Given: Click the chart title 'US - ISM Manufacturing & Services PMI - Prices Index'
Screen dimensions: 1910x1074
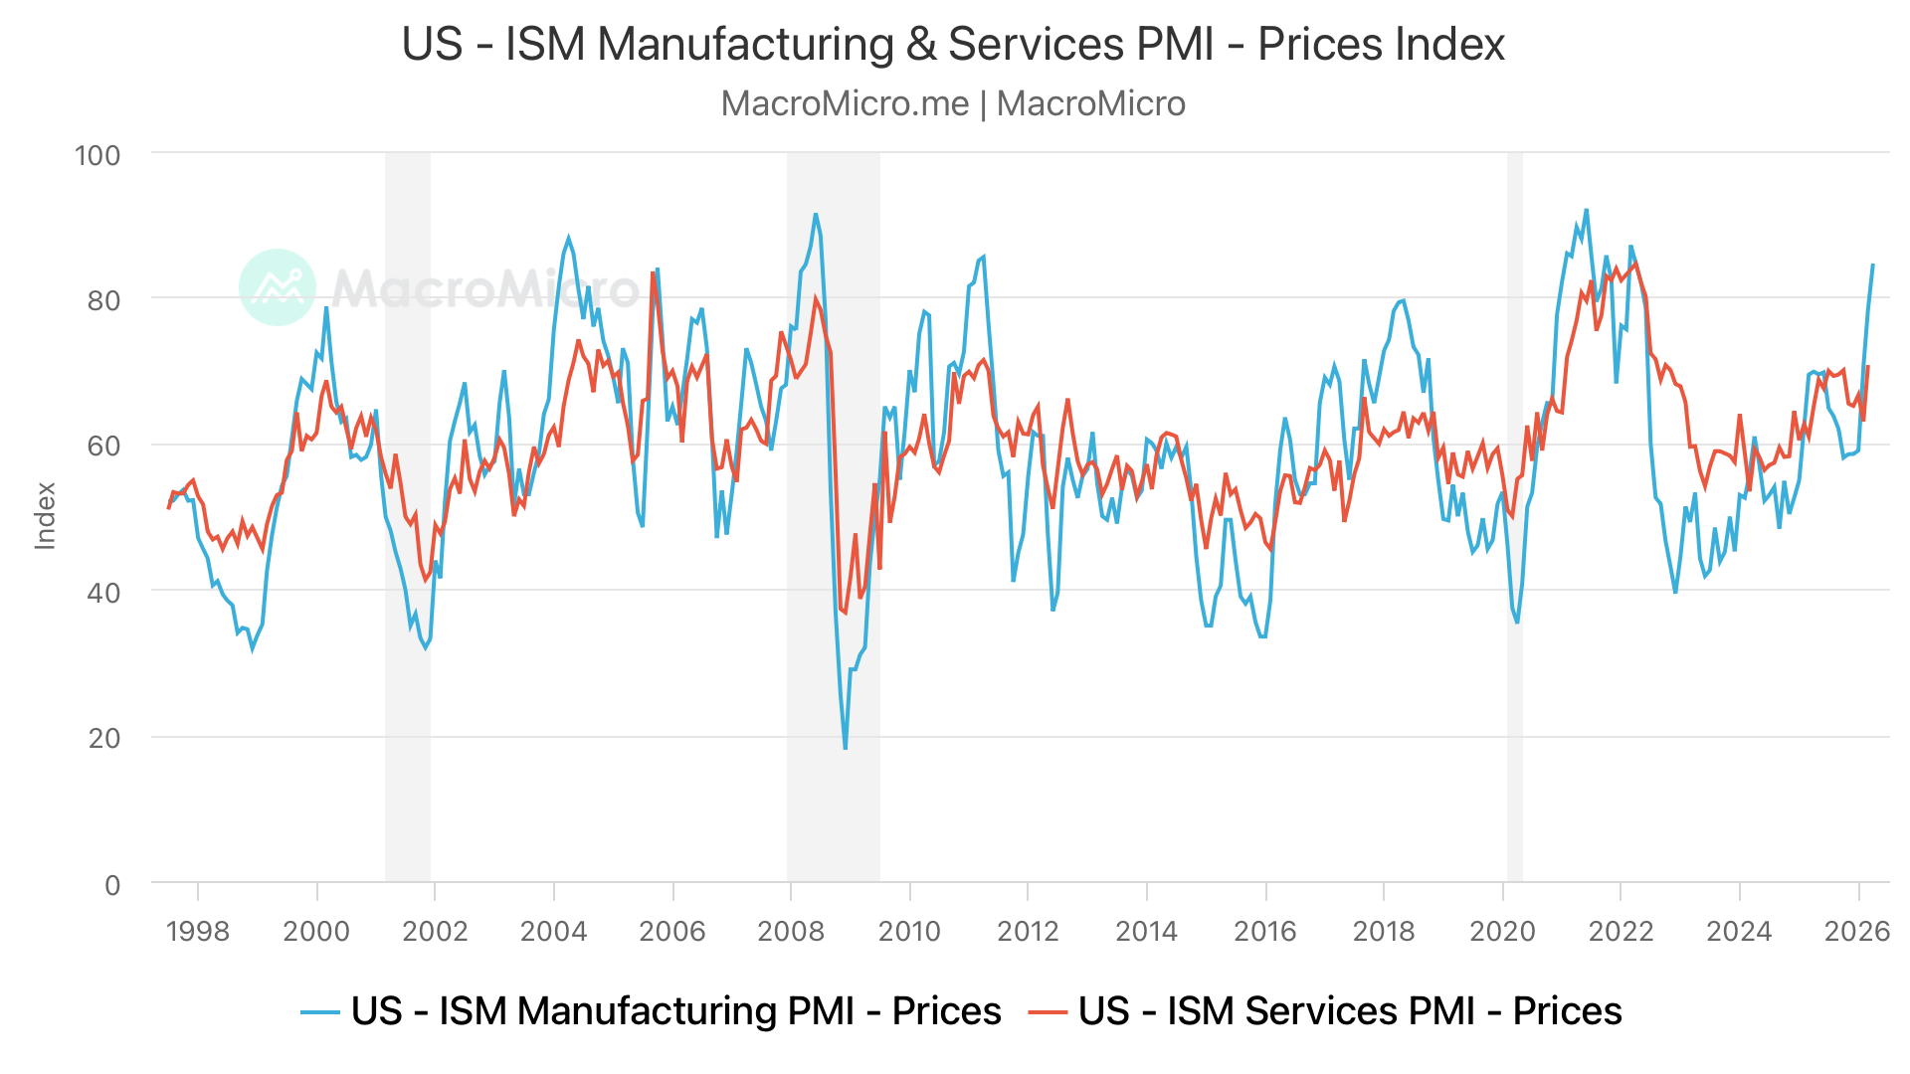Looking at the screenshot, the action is pos(953,45).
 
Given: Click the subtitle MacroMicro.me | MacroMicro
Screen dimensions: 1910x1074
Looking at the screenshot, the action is pos(953,103).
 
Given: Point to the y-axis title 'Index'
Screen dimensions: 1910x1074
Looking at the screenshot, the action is pos(46,515).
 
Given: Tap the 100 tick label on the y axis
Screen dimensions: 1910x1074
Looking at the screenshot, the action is pos(97,155).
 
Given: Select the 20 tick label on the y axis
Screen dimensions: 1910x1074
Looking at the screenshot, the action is pos(104,738).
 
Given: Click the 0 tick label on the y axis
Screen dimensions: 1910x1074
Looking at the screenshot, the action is pos(112,884).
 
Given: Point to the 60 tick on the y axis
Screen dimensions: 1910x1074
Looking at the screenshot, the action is pos(104,446).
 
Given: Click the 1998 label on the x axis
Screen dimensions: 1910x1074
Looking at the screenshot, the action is pos(197,931).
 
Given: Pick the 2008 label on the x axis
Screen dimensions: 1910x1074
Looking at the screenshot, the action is pos(791,931).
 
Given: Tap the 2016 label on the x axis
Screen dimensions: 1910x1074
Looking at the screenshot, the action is pos(1265,931).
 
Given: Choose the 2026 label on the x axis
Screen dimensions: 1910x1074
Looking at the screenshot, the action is pos(1857,931).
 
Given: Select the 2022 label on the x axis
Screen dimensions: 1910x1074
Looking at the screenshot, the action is pos(1621,931).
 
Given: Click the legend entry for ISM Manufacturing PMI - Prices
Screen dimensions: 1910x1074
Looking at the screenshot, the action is pos(652,1011).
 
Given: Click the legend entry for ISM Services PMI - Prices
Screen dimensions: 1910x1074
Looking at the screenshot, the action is pos(1325,1011).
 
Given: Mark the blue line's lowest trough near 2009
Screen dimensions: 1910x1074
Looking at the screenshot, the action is pos(846,748).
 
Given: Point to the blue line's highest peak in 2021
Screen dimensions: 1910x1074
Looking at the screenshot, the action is pos(1586,210).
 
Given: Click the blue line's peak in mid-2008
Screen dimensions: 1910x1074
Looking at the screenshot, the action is pos(816,214).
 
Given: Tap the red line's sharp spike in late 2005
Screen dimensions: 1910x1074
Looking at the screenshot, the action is pos(653,272).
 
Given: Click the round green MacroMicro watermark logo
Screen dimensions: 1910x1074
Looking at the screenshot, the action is pos(278,287).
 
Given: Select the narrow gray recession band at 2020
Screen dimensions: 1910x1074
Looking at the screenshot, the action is pos(1515,517).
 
